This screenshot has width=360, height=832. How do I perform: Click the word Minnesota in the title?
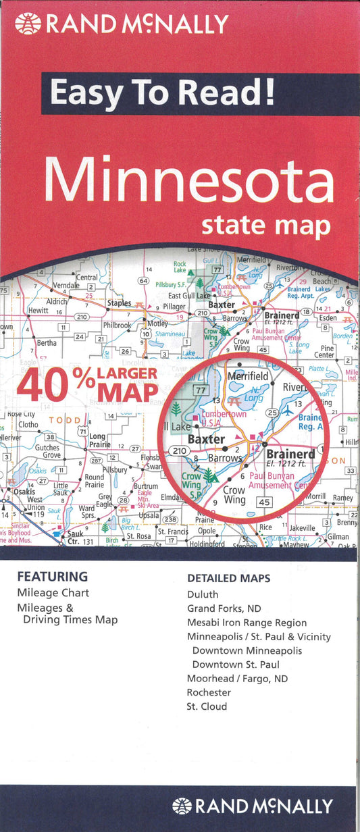coord(190,182)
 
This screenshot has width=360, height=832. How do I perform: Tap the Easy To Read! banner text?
coord(162,93)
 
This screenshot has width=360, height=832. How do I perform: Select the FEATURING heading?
coord(53,577)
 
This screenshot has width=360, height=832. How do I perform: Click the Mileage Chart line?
coord(53,593)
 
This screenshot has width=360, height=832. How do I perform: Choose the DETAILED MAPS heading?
coord(228,578)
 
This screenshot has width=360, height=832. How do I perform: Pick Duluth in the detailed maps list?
coord(203,594)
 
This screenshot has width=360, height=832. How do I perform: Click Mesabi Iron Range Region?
coord(247,623)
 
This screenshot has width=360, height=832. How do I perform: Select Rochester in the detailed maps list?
coord(209,692)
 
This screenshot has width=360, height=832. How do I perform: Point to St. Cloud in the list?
coord(207,706)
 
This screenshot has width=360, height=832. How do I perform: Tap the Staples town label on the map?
coord(120,304)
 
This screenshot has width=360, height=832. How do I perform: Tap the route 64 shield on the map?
coord(143,280)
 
